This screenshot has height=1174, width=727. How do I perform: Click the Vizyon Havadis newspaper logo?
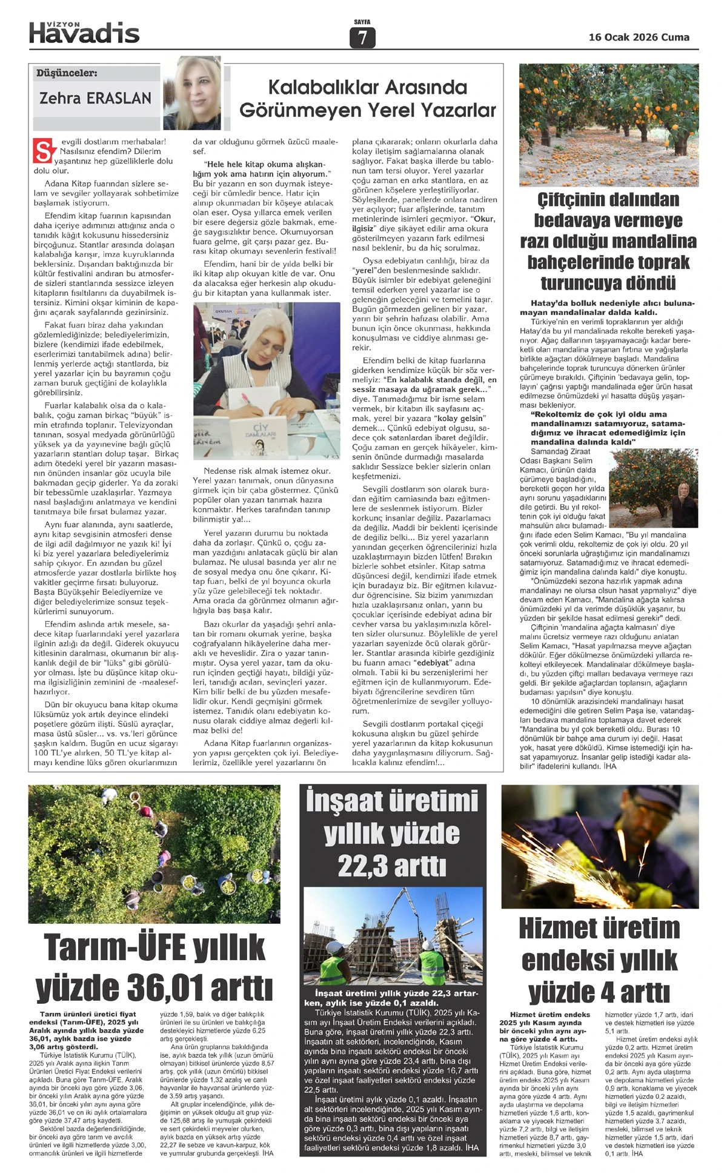(84, 32)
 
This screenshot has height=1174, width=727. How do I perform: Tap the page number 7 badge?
(362, 38)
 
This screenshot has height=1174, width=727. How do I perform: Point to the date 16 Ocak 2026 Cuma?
(639, 37)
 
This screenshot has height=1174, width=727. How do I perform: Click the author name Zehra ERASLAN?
(95, 98)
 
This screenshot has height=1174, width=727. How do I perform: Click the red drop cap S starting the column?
(42, 151)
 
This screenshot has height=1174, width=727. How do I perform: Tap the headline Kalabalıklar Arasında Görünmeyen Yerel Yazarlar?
(367, 99)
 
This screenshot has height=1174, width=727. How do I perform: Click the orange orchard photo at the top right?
(608, 125)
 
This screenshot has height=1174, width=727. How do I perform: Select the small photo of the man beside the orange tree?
(653, 488)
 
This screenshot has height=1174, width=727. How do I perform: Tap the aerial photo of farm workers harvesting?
(154, 854)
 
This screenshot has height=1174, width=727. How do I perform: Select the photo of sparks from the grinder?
(599, 846)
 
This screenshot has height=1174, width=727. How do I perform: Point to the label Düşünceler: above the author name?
(67, 73)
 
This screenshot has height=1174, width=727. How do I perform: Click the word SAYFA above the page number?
(362, 22)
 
